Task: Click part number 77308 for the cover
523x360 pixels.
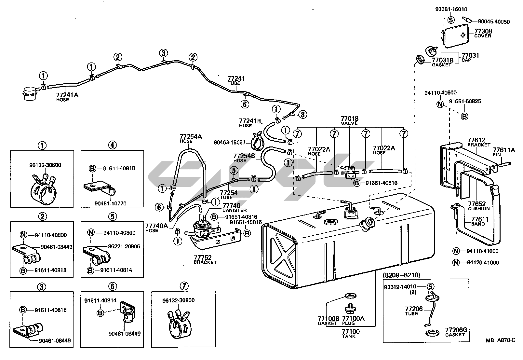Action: coord(483,31)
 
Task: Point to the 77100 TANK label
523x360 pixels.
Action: coord(351,333)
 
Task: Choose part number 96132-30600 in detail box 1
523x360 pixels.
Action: coord(45,165)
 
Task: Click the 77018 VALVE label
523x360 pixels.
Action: coord(349,120)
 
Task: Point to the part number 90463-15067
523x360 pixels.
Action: coord(230,142)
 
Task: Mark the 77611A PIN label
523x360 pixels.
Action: coord(504,152)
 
